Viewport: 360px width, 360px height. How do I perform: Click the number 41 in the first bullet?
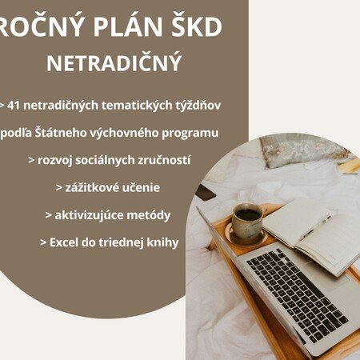pyautogui.click(x=14, y=106)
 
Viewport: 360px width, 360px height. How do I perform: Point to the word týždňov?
pyautogui.click(x=198, y=106)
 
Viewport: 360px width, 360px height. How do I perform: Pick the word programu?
pyautogui.click(x=190, y=134)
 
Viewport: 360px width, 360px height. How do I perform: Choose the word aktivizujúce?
pyautogui.click(x=89, y=215)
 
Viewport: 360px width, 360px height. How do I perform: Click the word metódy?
pyautogui.click(x=149, y=215)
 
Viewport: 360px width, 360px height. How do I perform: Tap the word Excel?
pyautogui.click(x=64, y=242)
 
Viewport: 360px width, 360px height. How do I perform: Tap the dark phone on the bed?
pyautogui.click(x=206, y=192)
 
